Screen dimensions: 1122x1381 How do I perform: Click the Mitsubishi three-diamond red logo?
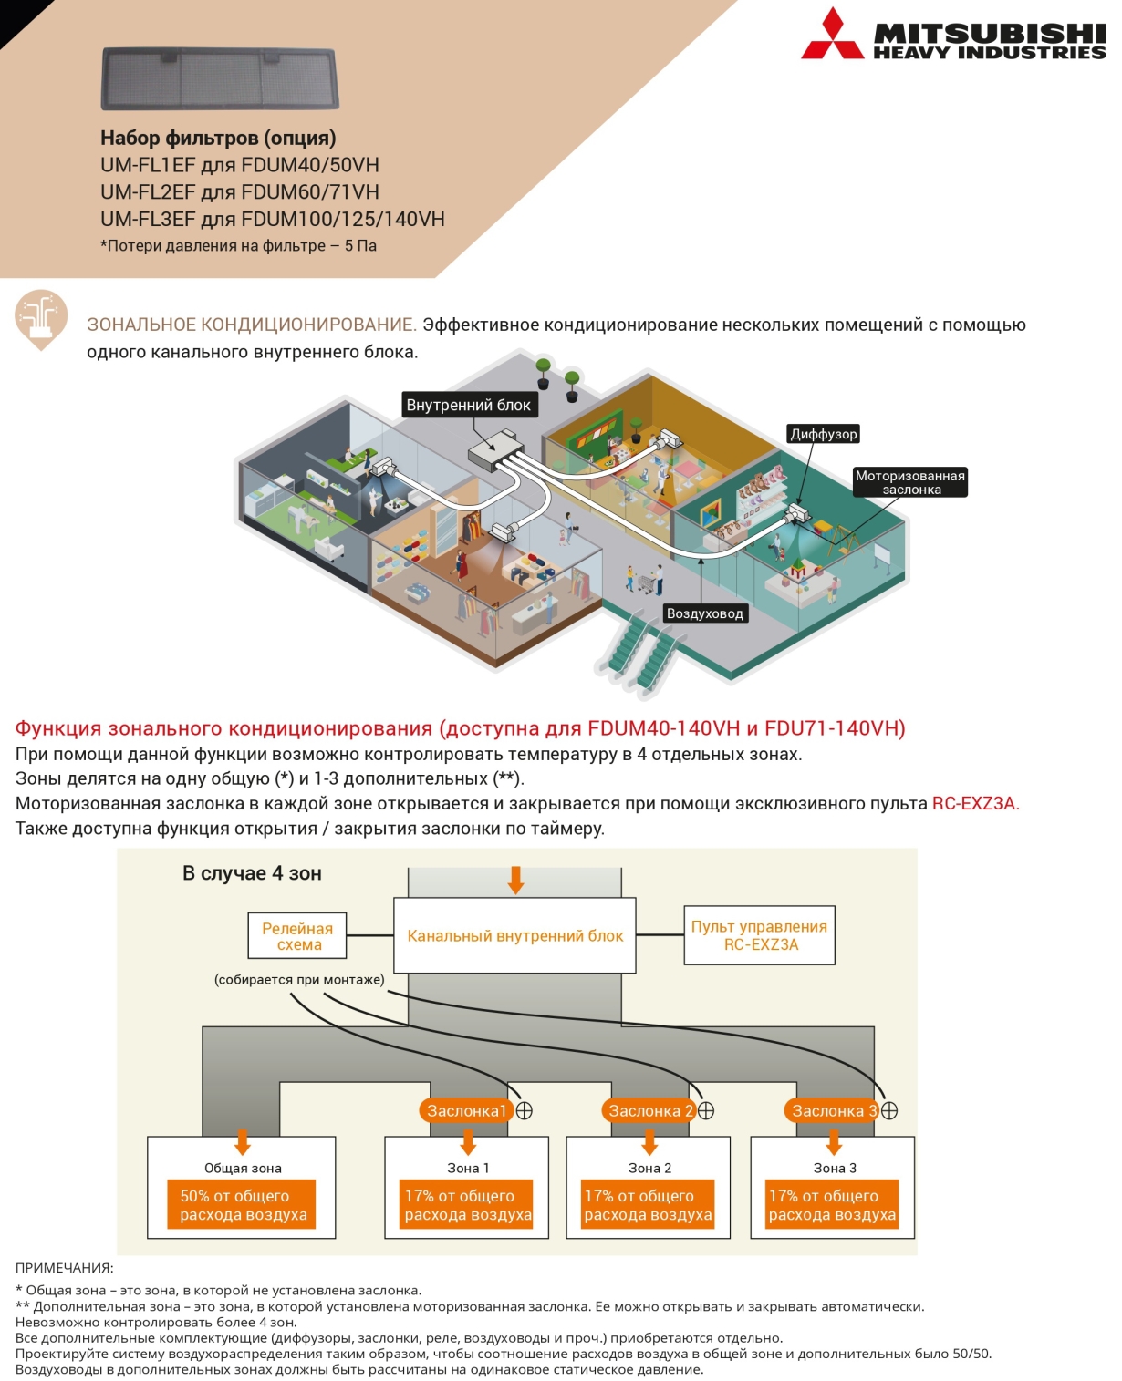[833, 35]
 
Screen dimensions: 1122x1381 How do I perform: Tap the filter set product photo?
[220, 78]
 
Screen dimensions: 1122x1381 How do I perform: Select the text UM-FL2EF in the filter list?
[147, 192]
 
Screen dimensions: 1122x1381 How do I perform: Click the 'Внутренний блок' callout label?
[469, 405]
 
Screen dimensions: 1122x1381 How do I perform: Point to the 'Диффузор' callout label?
[824, 434]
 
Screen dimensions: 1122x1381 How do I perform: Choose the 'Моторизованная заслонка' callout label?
[909, 482]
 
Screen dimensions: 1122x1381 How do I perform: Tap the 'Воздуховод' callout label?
[705, 613]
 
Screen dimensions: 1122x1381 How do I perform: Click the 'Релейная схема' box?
[297, 935]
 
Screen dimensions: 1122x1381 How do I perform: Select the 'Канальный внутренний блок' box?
[514, 935]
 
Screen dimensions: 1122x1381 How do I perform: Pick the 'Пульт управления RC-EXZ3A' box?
[759, 935]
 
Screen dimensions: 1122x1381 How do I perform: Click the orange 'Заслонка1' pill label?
[466, 1110]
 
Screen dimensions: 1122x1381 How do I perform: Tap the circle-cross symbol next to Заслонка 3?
[889, 1110]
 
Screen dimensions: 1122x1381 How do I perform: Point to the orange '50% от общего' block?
[242, 1204]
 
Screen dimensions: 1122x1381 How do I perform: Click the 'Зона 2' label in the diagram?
[649, 1168]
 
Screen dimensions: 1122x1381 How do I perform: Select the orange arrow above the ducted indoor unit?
[516, 880]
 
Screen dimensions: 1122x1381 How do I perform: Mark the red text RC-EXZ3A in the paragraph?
[976, 803]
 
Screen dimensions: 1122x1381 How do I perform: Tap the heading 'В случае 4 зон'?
[252, 873]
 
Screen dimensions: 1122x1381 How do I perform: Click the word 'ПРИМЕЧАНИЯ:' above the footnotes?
[64, 1268]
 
